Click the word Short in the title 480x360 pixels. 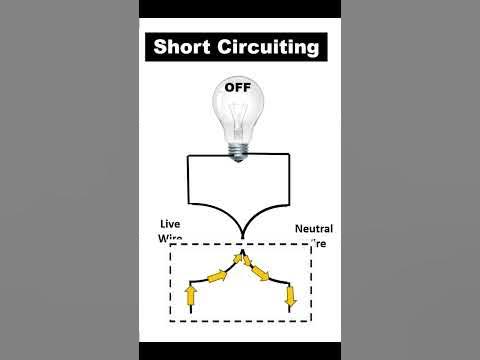(186, 46)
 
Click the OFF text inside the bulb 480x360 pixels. (237, 87)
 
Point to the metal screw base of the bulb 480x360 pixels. (238, 149)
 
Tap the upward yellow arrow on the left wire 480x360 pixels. (192, 294)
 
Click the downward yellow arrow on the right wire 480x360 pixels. (290, 296)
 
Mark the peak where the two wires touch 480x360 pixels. (240, 258)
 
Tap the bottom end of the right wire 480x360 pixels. (290, 313)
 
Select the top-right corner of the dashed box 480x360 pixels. (312, 243)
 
